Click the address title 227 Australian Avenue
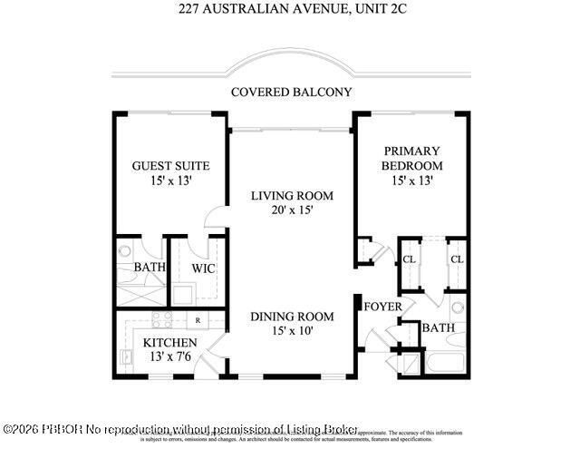click(x=290, y=11)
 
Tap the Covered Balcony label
click(x=291, y=92)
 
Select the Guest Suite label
click(x=170, y=166)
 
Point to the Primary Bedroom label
click(x=411, y=158)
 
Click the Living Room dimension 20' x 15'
click(x=291, y=210)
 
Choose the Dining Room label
click(x=292, y=317)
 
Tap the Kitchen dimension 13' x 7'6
click(x=170, y=356)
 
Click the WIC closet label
click(x=202, y=268)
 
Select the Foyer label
click(x=382, y=307)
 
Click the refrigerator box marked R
click(x=198, y=319)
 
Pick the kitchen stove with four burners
click(x=162, y=319)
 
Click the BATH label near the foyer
click(x=438, y=327)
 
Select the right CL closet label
click(x=456, y=259)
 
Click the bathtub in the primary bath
click(x=447, y=365)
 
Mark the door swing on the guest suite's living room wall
click(x=217, y=219)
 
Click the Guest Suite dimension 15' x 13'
click(x=170, y=181)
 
